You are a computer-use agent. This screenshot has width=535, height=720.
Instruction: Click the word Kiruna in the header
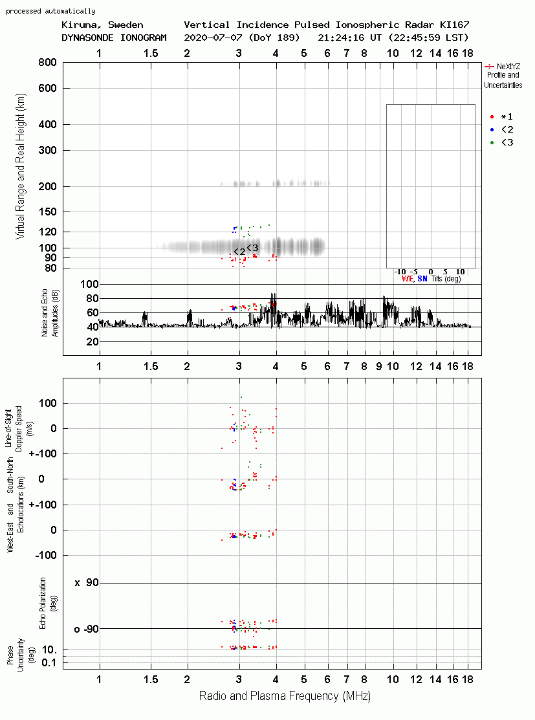78,25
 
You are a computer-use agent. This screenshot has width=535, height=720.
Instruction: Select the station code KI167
454,25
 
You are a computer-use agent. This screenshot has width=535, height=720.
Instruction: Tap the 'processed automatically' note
50,11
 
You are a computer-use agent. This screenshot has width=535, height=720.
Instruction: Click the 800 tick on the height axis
47,62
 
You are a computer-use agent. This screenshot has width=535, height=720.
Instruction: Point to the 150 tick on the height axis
48,212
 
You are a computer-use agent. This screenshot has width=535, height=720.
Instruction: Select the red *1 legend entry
501,116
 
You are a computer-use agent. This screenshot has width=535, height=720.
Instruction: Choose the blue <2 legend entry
501,129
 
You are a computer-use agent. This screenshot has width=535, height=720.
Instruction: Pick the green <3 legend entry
501,142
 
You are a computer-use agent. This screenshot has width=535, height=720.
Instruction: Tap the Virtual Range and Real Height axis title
20,166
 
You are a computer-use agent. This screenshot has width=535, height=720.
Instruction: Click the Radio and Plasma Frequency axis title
285,696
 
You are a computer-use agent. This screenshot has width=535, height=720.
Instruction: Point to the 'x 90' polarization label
86,583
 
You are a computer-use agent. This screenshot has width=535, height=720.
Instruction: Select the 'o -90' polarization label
86,629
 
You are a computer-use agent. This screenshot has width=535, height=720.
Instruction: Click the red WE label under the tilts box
407,279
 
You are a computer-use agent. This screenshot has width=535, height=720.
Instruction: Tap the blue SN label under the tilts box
422,279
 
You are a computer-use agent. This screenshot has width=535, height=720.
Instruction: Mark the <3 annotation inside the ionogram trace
252,248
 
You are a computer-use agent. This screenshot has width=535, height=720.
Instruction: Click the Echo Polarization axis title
43,604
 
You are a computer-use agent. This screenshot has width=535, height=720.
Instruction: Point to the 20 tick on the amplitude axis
93,342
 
